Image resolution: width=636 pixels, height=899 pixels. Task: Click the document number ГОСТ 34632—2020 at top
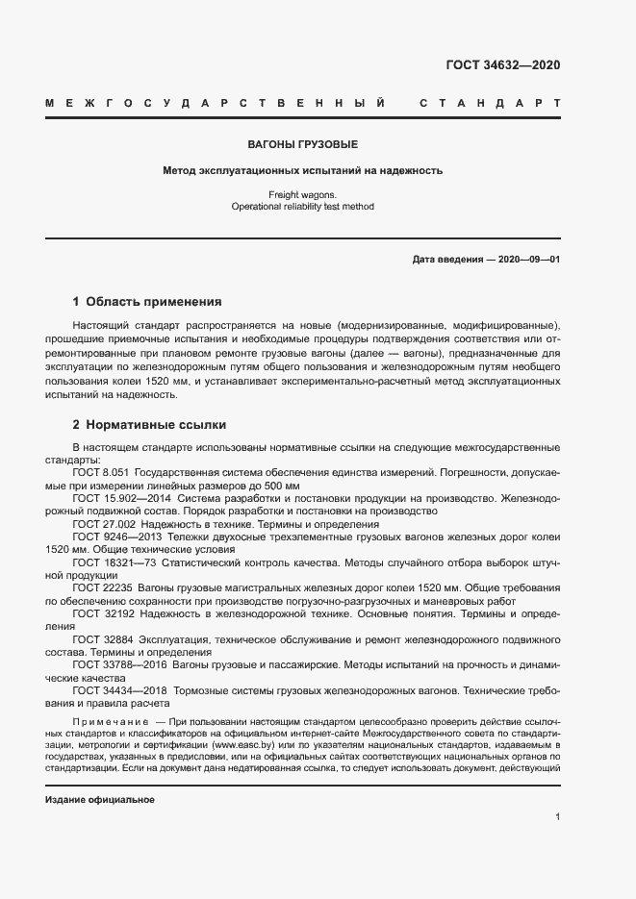click(502, 65)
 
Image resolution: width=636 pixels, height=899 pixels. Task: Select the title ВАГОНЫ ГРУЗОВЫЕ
click(303, 145)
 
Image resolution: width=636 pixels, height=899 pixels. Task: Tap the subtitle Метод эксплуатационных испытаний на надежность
click(303, 171)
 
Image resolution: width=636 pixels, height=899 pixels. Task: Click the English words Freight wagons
click(303, 194)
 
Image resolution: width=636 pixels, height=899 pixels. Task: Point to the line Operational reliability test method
click(303, 206)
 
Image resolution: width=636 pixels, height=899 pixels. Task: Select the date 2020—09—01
click(528, 260)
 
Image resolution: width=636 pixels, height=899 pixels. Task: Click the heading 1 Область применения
click(147, 301)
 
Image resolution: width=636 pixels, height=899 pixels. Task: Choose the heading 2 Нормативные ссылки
click(149, 424)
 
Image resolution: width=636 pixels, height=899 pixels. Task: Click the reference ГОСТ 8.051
click(100, 473)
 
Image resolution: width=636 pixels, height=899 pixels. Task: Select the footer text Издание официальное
click(100, 800)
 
